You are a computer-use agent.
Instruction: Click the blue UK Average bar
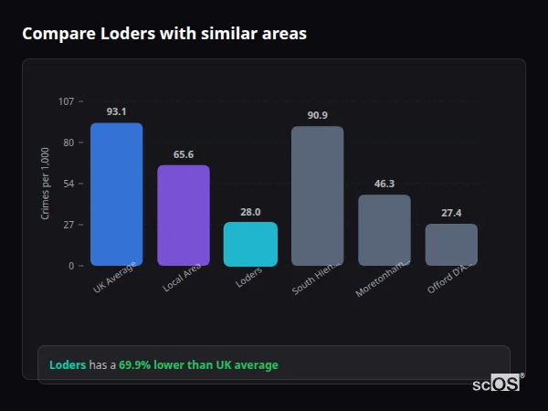(x=116, y=195)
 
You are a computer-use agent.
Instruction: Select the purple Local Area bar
(x=184, y=216)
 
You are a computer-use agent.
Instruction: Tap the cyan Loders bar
(x=250, y=244)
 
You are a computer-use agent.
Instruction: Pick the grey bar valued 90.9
(x=317, y=195)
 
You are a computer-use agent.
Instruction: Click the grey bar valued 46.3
(x=384, y=230)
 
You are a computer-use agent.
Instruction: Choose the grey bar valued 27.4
(x=451, y=245)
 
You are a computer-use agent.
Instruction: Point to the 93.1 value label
(x=116, y=111)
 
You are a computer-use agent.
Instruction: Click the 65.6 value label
(x=184, y=154)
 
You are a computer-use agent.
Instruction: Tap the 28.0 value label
(x=250, y=212)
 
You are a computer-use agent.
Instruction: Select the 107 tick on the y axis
(x=66, y=101)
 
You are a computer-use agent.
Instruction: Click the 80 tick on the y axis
(x=68, y=142)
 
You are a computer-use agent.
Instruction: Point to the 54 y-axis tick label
(x=68, y=184)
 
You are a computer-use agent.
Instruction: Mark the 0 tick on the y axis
(x=70, y=266)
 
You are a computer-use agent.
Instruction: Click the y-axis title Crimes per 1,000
(x=46, y=184)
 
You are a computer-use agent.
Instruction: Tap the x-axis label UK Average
(x=115, y=278)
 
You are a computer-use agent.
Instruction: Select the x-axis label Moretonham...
(x=383, y=279)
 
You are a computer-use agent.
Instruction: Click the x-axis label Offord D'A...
(x=449, y=278)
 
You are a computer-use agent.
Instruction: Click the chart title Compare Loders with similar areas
(x=164, y=34)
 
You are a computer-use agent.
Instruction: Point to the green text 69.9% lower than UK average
(x=198, y=365)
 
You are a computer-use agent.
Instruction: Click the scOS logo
(x=496, y=384)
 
